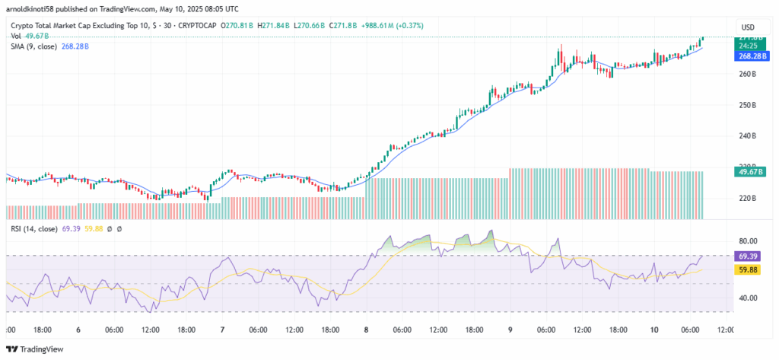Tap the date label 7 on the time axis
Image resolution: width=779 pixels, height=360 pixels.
pyautogui.click(x=222, y=330)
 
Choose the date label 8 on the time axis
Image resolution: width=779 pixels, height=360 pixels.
pyautogui.click(x=366, y=330)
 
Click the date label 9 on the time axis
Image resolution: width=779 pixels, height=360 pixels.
pyautogui.click(x=510, y=330)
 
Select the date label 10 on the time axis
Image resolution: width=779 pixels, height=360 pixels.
pyautogui.click(x=653, y=330)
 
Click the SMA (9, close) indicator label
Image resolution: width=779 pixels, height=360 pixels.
pyautogui.click(x=39, y=46)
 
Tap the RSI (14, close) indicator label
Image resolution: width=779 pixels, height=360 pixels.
pyautogui.click(x=39, y=228)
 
